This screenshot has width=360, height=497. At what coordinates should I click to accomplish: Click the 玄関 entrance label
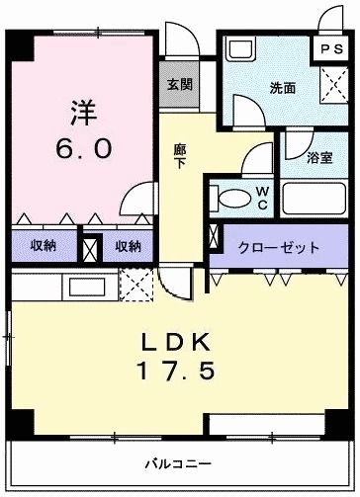[x=179, y=85]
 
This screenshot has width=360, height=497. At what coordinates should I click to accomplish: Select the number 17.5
[x=179, y=374]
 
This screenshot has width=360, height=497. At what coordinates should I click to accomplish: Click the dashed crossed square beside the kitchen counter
[x=133, y=285]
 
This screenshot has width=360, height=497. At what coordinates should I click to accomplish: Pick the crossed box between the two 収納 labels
[x=90, y=247]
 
